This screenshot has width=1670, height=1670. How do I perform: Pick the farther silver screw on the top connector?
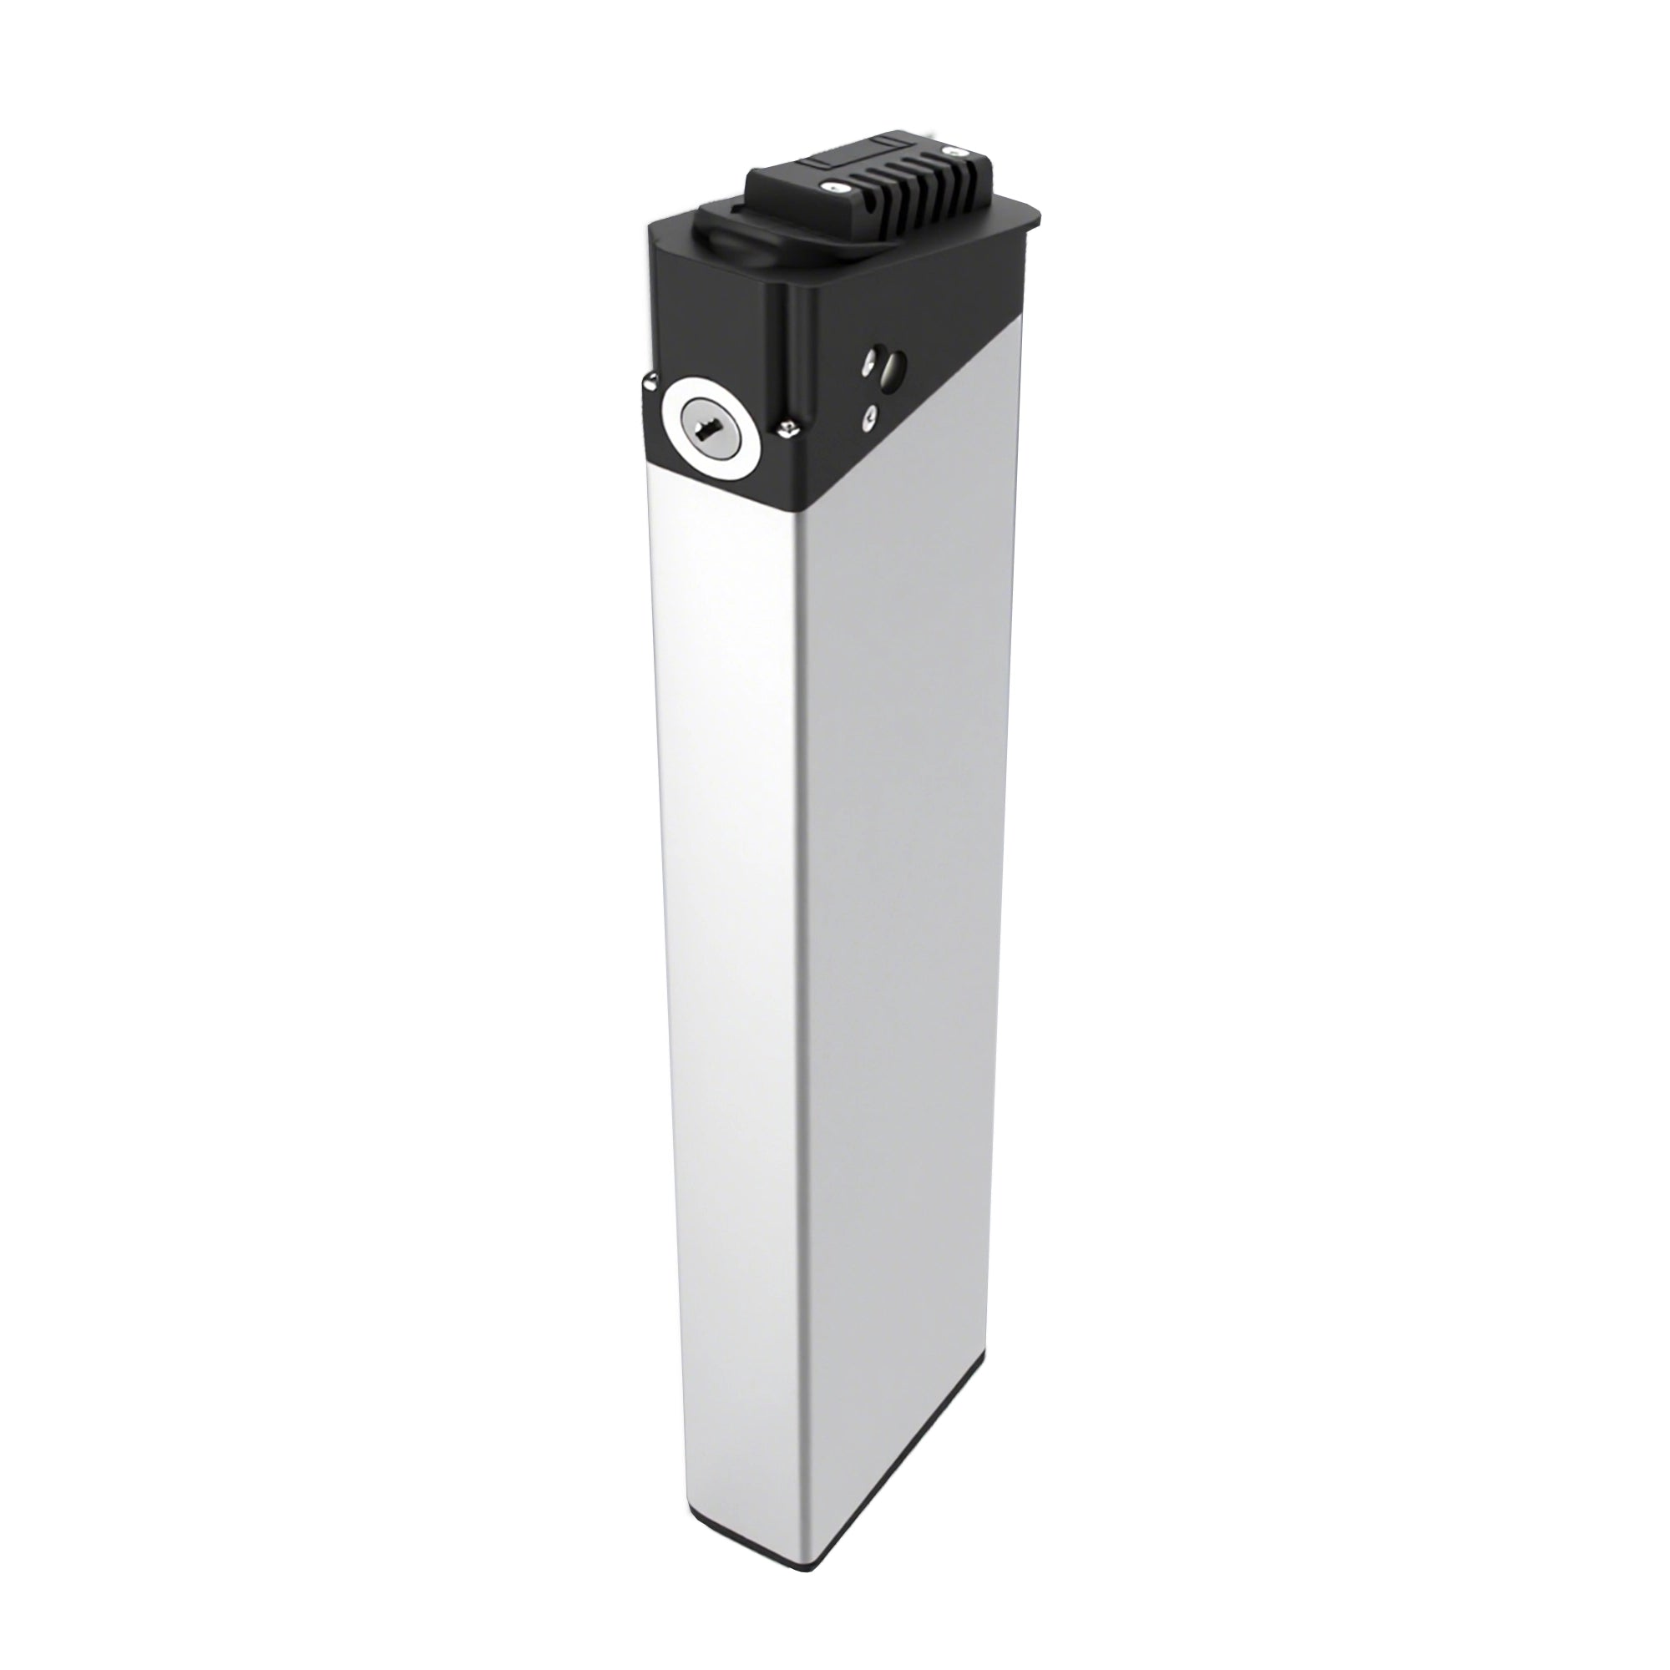(x=956, y=152)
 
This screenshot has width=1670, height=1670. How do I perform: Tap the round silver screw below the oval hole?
(x=870, y=416)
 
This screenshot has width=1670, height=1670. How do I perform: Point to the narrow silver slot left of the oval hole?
(x=868, y=364)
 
